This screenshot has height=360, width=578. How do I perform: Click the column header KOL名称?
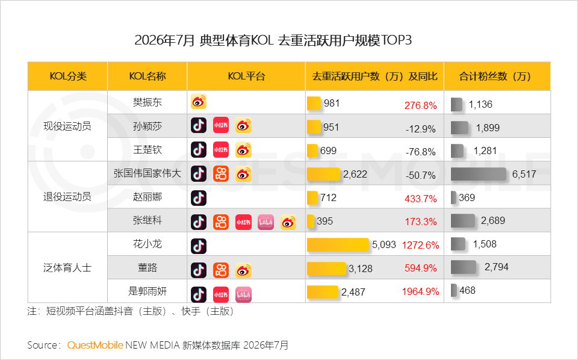(x=148, y=76)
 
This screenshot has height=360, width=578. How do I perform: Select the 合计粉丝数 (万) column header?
(x=495, y=76)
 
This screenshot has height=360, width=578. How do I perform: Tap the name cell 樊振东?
(x=148, y=102)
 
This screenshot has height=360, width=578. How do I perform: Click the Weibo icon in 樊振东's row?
(x=199, y=102)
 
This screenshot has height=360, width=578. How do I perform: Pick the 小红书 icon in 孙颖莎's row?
(x=221, y=125)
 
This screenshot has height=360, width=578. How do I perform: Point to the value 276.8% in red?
(x=421, y=105)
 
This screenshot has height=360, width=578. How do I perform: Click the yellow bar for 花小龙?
(x=338, y=244)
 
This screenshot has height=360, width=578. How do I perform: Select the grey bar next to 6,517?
(x=479, y=175)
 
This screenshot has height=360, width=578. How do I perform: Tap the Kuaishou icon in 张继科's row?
(x=221, y=222)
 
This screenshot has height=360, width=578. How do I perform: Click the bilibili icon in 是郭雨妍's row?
(x=243, y=294)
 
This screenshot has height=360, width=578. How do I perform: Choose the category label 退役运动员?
(x=67, y=197)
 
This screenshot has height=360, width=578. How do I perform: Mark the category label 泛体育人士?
(x=67, y=267)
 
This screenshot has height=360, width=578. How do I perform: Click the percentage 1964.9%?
(x=421, y=292)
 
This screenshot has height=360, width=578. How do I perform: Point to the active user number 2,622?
(x=355, y=175)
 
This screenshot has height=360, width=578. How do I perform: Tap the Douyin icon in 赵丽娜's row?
(x=199, y=198)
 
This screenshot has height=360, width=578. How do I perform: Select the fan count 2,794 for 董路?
(x=497, y=267)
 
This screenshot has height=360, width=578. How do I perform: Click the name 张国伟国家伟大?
(x=148, y=173)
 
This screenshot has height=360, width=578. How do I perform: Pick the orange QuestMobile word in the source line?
(x=95, y=345)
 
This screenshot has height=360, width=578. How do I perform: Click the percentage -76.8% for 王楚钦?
(x=421, y=152)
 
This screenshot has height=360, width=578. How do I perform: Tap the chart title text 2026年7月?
(x=164, y=40)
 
